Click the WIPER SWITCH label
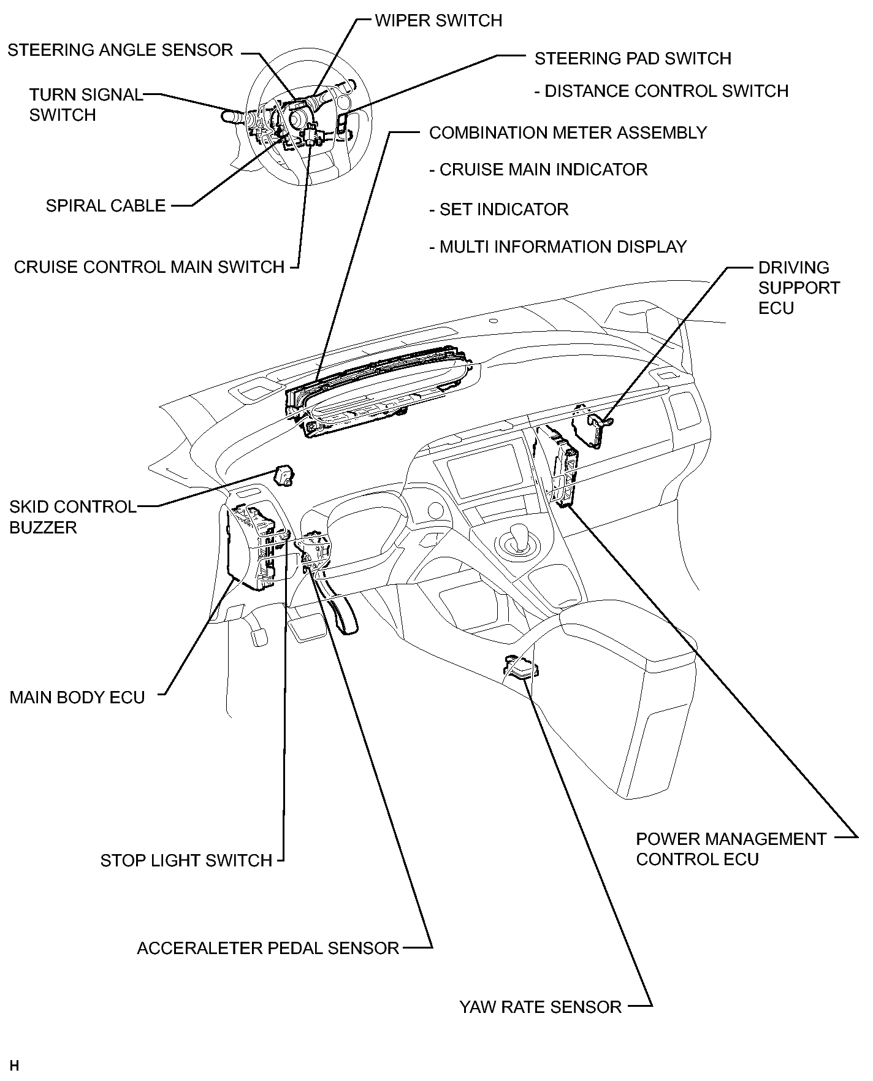click(x=438, y=21)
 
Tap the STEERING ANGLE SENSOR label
click(x=120, y=50)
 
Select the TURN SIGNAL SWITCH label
click(x=86, y=105)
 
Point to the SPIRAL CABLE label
click(x=105, y=206)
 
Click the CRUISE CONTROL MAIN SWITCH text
click(x=149, y=267)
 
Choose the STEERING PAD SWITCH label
click(x=633, y=59)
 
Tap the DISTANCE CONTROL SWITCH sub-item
click(x=661, y=91)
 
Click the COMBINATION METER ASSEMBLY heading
click(x=568, y=133)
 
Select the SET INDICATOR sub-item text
click(x=498, y=210)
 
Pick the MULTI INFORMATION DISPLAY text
click(x=558, y=247)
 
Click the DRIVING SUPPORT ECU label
click(x=799, y=288)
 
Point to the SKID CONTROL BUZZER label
click(x=73, y=518)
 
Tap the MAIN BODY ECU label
click(x=77, y=698)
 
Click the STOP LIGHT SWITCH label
click(x=186, y=861)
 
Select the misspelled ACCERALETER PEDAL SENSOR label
click(x=268, y=949)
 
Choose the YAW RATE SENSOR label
click(x=541, y=1007)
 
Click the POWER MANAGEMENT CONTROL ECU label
click(x=731, y=849)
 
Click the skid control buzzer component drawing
click(x=283, y=475)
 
